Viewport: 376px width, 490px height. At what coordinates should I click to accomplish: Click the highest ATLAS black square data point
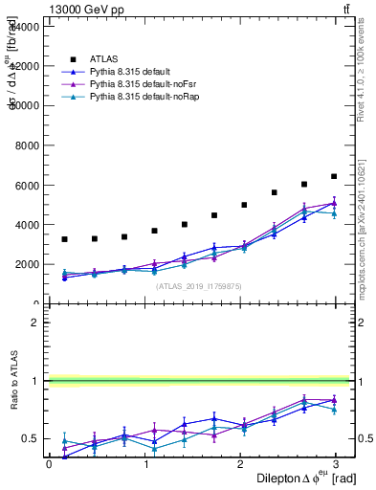point(334,176)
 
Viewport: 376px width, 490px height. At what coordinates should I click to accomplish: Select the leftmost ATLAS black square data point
point(64,239)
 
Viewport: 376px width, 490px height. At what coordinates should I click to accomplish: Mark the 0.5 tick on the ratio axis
point(31,439)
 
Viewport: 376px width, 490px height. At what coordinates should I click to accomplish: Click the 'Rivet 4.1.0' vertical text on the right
point(365,57)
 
